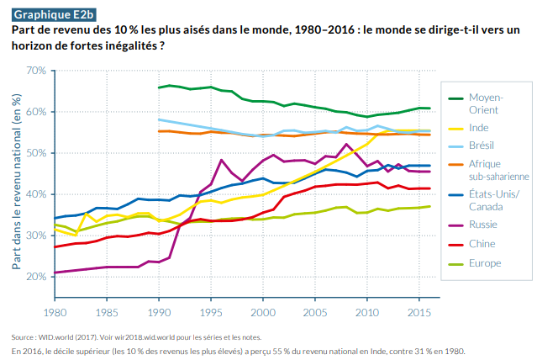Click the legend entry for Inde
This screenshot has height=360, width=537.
coord(480,128)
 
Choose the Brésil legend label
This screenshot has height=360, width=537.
coord(482,146)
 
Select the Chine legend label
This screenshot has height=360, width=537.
coord(482,245)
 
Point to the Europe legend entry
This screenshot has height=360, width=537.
coord(485,263)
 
